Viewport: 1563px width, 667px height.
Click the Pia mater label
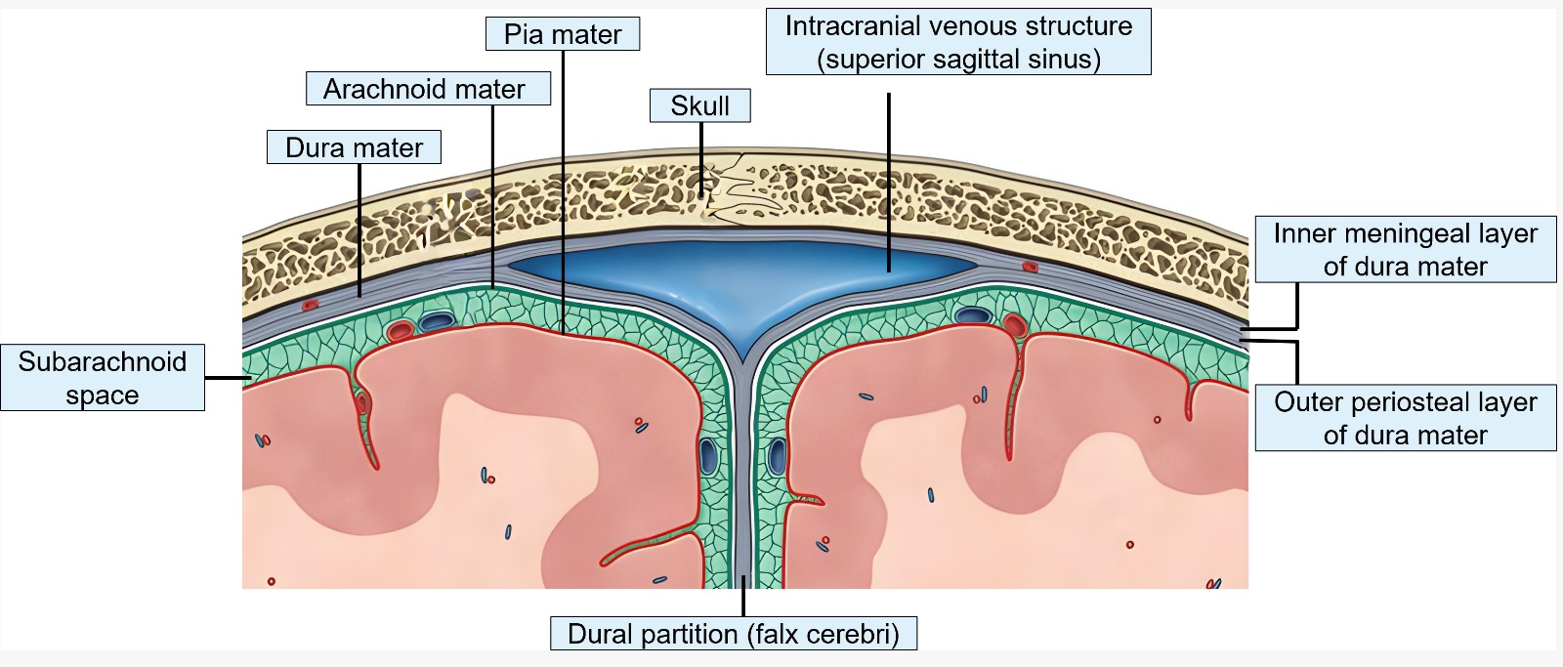pyautogui.click(x=563, y=34)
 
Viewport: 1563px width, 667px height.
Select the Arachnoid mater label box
pyautogui.click(x=424, y=89)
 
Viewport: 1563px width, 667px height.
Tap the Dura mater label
pyautogui.click(x=354, y=147)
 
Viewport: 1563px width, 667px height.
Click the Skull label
pyautogui.click(x=699, y=105)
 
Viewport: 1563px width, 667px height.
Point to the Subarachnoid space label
pyautogui.click(x=102, y=377)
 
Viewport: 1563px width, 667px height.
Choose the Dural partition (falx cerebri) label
pyautogui.click(x=733, y=634)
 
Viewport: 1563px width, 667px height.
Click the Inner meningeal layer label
pyautogui.click(x=1405, y=249)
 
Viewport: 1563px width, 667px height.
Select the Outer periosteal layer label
pyautogui.click(x=1405, y=418)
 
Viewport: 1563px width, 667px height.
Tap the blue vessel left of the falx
pyautogui.click(x=708, y=456)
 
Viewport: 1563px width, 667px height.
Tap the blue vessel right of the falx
pyautogui.click(x=778, y=456)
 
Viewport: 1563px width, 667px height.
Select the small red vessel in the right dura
pyautogui.click(x=1028, y=266)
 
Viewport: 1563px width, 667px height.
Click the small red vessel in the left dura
pyautogui.click(x=310, y=305)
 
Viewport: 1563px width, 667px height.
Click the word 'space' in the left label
pyautogui.click(x=102, y=395)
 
